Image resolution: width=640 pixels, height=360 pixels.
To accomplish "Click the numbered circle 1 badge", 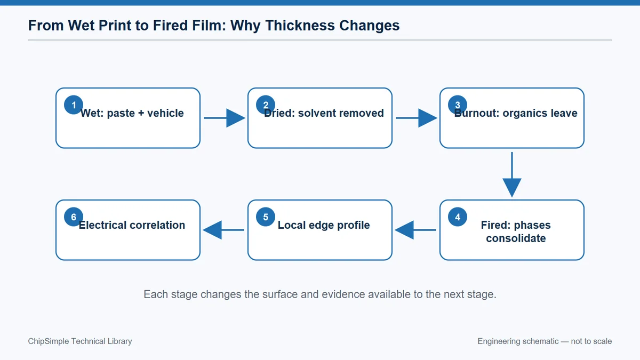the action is coord(74,105).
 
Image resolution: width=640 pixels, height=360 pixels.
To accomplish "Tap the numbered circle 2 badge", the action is coord(266,105).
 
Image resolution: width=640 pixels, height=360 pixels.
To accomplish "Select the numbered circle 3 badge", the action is coord(458,105).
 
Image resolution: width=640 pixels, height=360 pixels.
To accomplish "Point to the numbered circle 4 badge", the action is coord(458,217).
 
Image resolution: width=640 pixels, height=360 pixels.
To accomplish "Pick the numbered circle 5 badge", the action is coord(266,217).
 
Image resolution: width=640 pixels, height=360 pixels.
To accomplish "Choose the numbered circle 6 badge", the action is coord(74,217).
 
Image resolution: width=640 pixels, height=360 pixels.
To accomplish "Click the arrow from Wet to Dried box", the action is coord(225,118).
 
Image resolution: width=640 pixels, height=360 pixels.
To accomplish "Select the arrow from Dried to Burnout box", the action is coord(417,118).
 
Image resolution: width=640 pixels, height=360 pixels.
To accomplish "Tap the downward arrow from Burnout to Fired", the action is coord(511,174).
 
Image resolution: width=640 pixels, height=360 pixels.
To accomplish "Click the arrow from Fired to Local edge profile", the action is coord(415,230).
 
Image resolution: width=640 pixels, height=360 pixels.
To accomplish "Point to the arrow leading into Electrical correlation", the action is coord(223,230).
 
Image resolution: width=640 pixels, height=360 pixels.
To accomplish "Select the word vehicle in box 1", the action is coord(165,113).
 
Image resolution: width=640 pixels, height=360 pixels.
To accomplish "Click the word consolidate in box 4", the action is coord(516,238).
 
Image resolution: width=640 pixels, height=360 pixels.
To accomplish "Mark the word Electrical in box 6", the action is coord(102,225).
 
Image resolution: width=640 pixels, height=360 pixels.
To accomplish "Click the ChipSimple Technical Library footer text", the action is coord(80,341).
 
